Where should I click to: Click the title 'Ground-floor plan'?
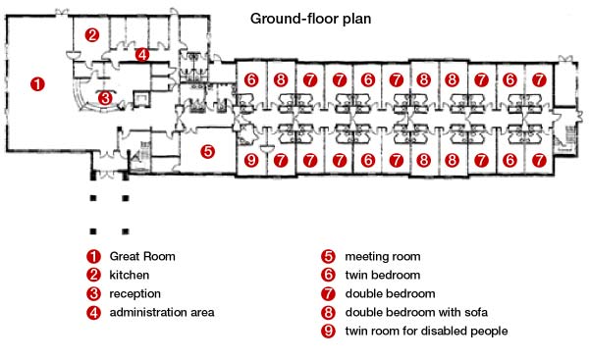(310, 19)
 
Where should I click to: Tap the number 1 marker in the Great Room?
(37, 84)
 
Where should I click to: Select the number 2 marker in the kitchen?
(92, 35)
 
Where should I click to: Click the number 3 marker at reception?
(106, 98)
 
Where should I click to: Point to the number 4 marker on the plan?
(142, 55)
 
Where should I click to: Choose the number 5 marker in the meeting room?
(208, 152)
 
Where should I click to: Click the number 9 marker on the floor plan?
(251, 160)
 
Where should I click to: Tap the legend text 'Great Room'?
(142, 256)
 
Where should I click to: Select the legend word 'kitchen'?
(130, 275)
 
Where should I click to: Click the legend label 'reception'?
(135, 294)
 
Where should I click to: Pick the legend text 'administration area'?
(162, 312)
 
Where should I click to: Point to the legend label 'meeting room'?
(383, 257)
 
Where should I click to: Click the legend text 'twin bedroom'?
(383, 275)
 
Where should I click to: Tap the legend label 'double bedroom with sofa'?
(416, 312)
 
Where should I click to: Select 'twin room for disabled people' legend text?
(427, 332)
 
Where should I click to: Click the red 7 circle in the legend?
(328, 293)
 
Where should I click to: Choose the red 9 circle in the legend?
(328, 331)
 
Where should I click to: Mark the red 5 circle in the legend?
(328, 256)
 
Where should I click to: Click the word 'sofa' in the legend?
(476, 312)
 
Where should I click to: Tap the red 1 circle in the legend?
(93, 256)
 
